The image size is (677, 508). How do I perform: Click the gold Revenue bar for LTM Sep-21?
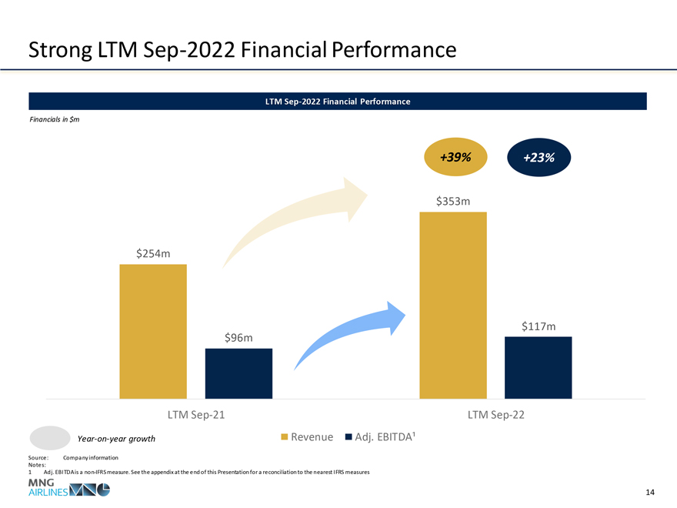[x=152, y=331]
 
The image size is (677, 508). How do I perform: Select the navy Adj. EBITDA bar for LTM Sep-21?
[x=238, y=373]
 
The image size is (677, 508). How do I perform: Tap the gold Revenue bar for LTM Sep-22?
[x=453, y=305]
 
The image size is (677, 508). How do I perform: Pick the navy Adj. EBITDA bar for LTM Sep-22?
[x=538, y=367]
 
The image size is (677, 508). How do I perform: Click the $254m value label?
[x=153, y=252]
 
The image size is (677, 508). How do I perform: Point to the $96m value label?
[x=239, y=337]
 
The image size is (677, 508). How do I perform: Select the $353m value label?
[x=453, y=201]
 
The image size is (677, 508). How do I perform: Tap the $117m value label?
[x=539, y=326]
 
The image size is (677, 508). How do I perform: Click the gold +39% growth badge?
[x=456, y=157]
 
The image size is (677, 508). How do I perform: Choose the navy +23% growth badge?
[x=539, y=157]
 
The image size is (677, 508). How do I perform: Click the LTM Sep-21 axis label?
[x=196, y=415]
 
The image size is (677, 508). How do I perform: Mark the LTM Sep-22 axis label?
[x=496, y=415]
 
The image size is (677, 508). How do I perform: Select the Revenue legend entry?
[x=307, y=437]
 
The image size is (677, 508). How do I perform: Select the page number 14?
[x=650, y=492]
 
